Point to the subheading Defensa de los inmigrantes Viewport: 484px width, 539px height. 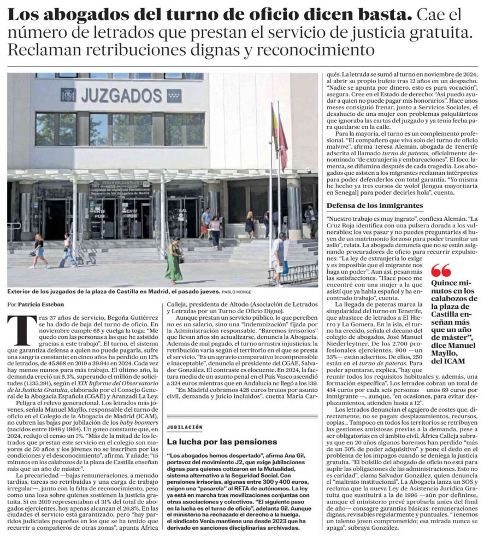point(374,205)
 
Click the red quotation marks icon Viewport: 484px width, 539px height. point(441,270)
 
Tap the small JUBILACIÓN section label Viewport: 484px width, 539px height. point(185,426)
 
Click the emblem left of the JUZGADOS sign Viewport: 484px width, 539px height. point(68,95)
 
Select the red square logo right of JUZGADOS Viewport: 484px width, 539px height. point(174,96)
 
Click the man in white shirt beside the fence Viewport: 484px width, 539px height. point(278,257)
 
